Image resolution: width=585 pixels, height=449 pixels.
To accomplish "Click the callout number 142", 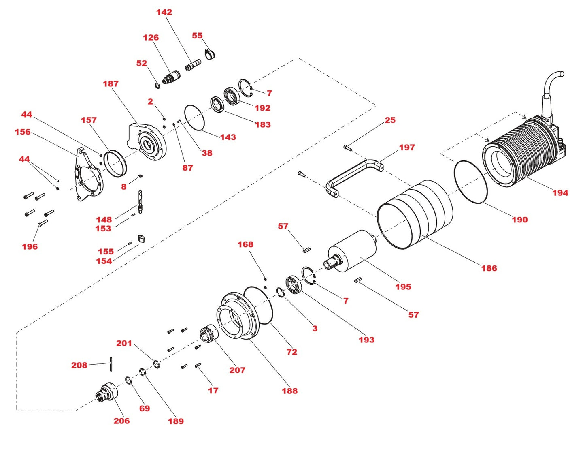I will [x=164, y=12].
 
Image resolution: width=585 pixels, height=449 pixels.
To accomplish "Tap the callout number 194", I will [x=560, y=193].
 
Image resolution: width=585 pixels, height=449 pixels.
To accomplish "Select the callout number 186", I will [x=489, y=268].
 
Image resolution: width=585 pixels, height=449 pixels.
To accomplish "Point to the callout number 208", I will [x=79, y=365].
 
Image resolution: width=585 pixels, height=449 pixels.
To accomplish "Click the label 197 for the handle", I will [x=406, y=148].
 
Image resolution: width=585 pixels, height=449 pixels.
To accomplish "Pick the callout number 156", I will [x=23, y=132].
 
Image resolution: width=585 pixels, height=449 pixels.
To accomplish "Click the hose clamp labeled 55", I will [x=210, y=54].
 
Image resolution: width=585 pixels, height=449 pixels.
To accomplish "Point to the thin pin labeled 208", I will [x=111, y=363].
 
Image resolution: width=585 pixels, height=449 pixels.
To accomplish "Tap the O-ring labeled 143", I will [x=194, y=118].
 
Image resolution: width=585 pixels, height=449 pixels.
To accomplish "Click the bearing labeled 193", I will [x=294, y=283].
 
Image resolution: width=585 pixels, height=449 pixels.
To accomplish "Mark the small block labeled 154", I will [x=141, y=238].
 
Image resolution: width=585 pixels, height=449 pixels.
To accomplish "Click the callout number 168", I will [x=245, y=244].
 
